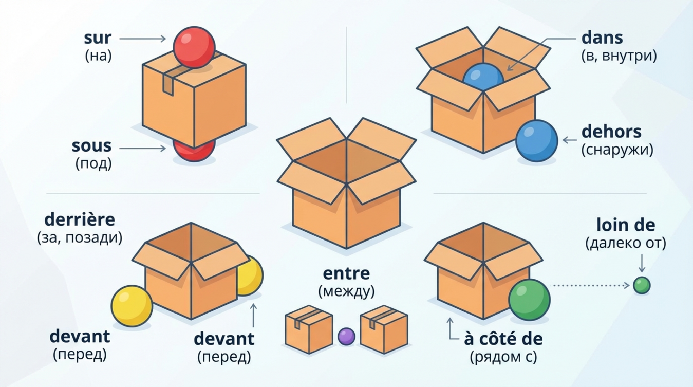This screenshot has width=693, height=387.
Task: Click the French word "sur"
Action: tap(97, 39)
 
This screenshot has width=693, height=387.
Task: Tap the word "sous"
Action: tap(91, 146)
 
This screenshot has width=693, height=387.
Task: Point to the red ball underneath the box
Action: tap(193, 151)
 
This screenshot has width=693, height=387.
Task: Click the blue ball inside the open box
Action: tap(482, 78)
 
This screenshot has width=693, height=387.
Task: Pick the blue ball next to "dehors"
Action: tap(536, 141)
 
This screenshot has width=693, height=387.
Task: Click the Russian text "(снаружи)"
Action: tap(617, 150)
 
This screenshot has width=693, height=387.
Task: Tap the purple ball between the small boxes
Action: tap(346, 337)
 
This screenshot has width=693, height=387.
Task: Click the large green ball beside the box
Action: tap(529, 300)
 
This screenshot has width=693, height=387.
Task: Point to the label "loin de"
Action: tap(626, 225)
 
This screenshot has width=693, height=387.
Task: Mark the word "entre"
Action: tap(346, 273)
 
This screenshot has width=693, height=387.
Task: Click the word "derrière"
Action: tap(80, 219)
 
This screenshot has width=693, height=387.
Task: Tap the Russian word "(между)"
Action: tap(346, 291)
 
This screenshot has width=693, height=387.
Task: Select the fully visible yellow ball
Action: tap(132, 306)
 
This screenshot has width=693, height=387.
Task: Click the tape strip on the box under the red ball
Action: tap(167, 82)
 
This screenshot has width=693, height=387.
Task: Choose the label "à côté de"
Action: tap(503, 339)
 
